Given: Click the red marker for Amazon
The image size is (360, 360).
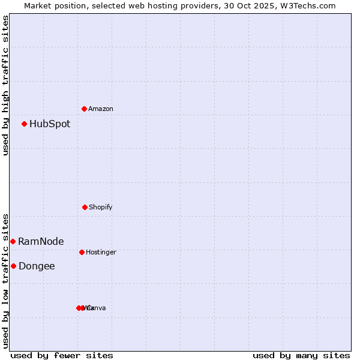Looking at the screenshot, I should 84,109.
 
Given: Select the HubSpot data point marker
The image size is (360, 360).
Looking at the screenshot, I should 24,124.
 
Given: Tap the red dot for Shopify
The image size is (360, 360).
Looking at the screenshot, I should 85,207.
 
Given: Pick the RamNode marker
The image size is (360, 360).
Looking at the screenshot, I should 13,241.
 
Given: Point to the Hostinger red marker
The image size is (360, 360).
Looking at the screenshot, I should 82,252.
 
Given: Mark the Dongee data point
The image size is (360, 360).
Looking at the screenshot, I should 13,266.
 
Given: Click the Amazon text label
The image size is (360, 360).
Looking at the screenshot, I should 101,109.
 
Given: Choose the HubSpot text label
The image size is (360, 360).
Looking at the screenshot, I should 50,124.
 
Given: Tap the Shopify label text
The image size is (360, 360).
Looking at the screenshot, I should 101,207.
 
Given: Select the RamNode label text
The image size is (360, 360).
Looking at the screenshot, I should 41,242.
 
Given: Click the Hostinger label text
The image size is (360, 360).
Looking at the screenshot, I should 101,252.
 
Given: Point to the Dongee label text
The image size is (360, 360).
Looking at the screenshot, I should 37,266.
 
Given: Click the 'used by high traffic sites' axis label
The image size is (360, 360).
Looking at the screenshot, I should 5,86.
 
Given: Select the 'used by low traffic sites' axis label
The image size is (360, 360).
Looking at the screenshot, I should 5,281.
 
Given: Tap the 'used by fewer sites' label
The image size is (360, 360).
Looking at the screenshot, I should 62,355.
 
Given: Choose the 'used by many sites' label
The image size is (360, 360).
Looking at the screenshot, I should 301,355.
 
